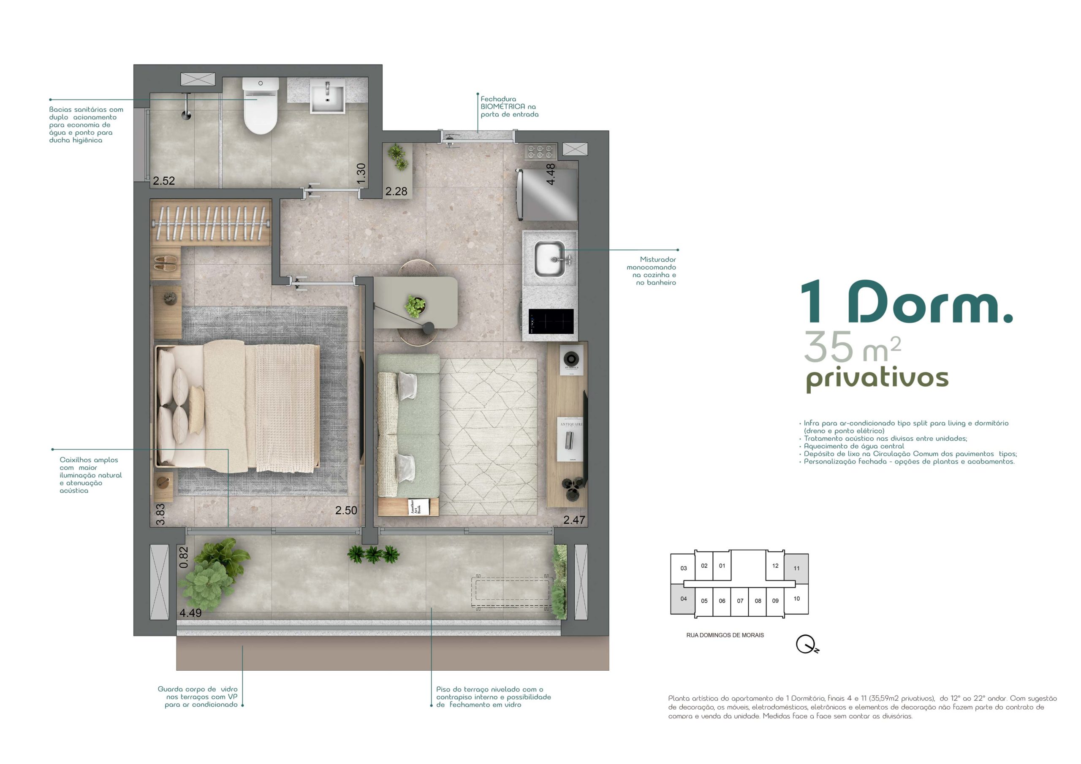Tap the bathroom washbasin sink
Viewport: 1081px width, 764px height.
(x=327, y=97)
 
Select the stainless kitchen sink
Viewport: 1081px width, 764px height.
(x=550, y=258)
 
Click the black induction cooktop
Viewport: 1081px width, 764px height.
(x=551, y=322)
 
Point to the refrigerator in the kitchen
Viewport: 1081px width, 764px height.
(x=547, y=195)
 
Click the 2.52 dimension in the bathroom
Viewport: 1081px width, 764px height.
(x=164, y=181)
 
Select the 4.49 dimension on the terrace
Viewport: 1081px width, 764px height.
(x=191, y=613)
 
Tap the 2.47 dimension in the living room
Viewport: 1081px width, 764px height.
(x=574, y=520)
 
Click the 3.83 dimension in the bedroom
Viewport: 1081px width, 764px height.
(x=160, y=514)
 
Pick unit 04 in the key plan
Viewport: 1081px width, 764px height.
(x=683, y=599)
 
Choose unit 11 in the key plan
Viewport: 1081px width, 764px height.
(x=796, y=568)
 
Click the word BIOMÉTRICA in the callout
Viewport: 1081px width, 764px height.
(x=503, y=107)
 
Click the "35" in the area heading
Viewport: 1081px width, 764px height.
(x=828, y=347)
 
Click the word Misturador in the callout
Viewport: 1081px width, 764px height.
(x=658, y=259)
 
